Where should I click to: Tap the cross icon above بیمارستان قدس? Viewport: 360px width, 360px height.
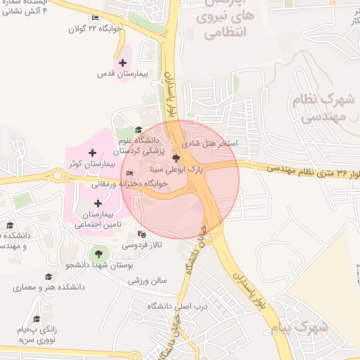[x=122, y=63]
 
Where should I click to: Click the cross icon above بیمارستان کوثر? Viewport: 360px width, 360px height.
[x=92, y=152]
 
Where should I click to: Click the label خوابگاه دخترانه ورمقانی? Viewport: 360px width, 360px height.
[x=127, y=184]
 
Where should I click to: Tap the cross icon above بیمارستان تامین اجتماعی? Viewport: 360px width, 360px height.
[x=97, y=203]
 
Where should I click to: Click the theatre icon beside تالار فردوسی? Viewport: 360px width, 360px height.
[x=142, y=234]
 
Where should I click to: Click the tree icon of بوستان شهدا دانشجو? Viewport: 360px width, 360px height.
[x=98, y=254]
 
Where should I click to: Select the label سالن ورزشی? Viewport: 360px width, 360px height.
[x=147, y=280]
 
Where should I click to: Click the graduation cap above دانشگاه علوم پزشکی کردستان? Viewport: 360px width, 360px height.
[x=139, y=130]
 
